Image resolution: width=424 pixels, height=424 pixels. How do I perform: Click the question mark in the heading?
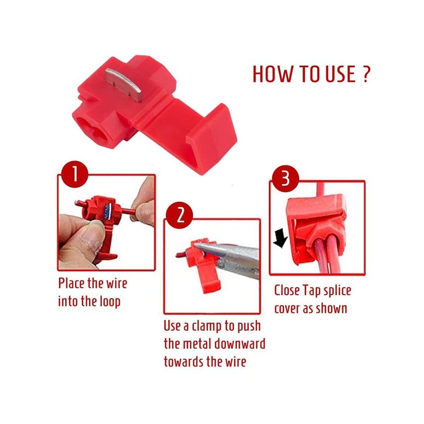(x=365, y=74)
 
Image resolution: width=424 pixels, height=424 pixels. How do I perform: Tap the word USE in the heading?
(x=340, y=74)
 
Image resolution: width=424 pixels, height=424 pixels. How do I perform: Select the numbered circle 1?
(x=75, y=174)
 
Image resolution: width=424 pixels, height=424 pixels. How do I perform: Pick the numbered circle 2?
(x=179, y=215)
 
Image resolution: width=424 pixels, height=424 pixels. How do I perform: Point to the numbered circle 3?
(x=285, y=179)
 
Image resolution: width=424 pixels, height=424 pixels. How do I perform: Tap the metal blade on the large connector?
(x=123, y=84)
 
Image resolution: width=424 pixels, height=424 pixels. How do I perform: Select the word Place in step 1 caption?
(x=72, y=284)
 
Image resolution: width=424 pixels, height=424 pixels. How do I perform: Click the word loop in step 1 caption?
(x=110, y=302)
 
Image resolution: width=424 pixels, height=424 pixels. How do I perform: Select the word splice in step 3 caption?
(x=337, y=291)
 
